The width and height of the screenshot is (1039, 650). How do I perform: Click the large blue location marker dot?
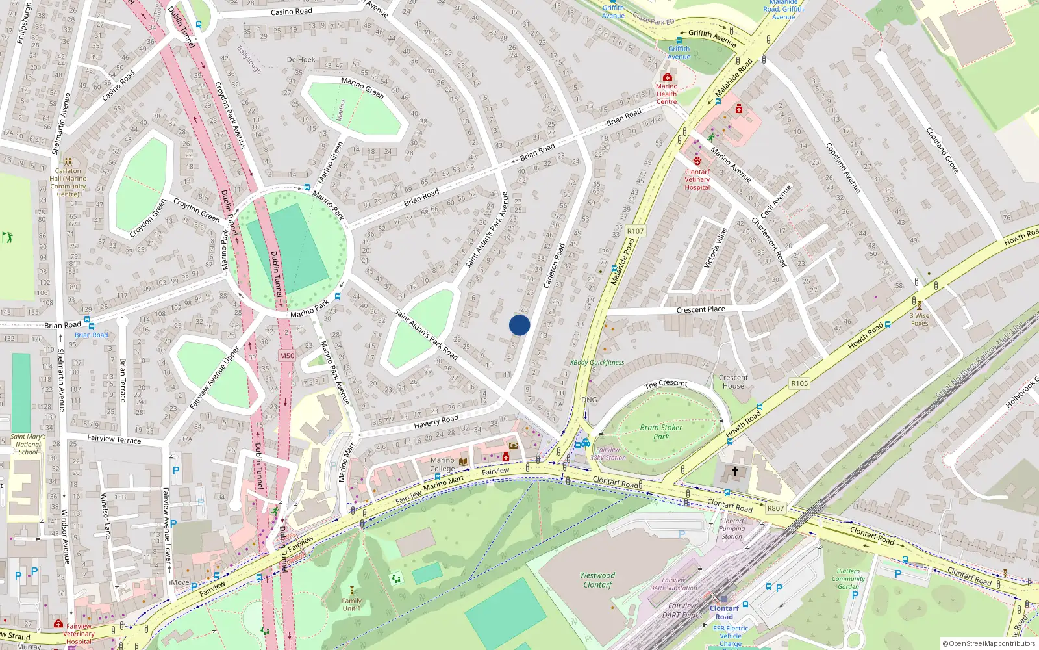tap(519, 325)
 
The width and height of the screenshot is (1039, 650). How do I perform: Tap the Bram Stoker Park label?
tap(661, 432)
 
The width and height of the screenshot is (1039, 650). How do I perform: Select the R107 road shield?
tap(635, 231)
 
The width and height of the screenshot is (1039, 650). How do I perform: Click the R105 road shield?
tap(799, 383)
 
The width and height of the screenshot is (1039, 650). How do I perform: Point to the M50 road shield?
tap(287, 356)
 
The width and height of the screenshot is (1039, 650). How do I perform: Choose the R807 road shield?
tap(775, 508)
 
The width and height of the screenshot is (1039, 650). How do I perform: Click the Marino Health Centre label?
tap(666, 94)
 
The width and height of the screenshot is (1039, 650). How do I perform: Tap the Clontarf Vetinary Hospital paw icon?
tap(697, 160)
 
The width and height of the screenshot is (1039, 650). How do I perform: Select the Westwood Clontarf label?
tap(597, 580)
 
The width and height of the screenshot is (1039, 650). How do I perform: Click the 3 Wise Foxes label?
tap(920, 319)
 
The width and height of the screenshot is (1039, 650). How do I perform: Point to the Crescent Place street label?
tap(701, 309)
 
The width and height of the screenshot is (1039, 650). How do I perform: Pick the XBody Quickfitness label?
tap(597, 363)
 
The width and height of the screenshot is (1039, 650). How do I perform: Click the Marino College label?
tap(442, 464)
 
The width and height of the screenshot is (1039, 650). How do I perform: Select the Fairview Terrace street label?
tap(114, 439)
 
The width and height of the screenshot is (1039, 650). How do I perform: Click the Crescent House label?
tap(733, 382)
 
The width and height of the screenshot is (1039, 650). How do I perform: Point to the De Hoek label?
tap(301, 60)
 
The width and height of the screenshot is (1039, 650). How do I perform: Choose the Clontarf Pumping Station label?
tap(732, 528)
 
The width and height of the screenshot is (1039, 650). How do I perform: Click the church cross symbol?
tap(735, 471)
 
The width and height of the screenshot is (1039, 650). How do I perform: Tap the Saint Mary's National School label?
tap(28, 445)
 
